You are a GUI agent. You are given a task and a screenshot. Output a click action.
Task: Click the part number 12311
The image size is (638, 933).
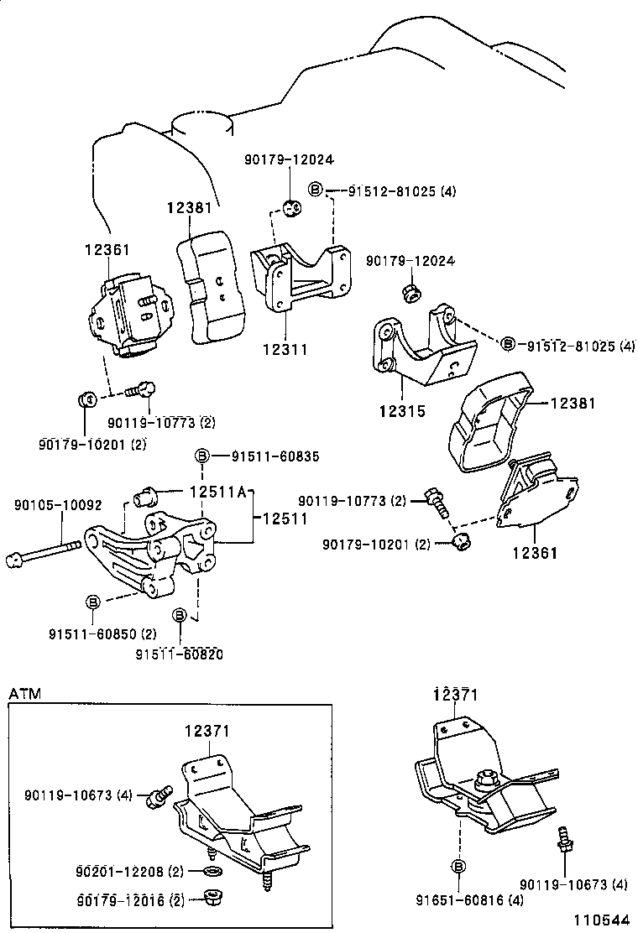(285, 349)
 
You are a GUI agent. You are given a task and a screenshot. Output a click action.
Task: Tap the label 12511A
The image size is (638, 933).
(217, 493)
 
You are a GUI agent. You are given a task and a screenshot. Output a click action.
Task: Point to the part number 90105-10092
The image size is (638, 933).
(58, 505)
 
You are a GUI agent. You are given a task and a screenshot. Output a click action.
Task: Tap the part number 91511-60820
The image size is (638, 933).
(180, 653)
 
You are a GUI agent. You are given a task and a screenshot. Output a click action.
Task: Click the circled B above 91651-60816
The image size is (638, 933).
(459, 867)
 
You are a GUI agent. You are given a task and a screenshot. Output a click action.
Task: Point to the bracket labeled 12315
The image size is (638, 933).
(420, 352)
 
